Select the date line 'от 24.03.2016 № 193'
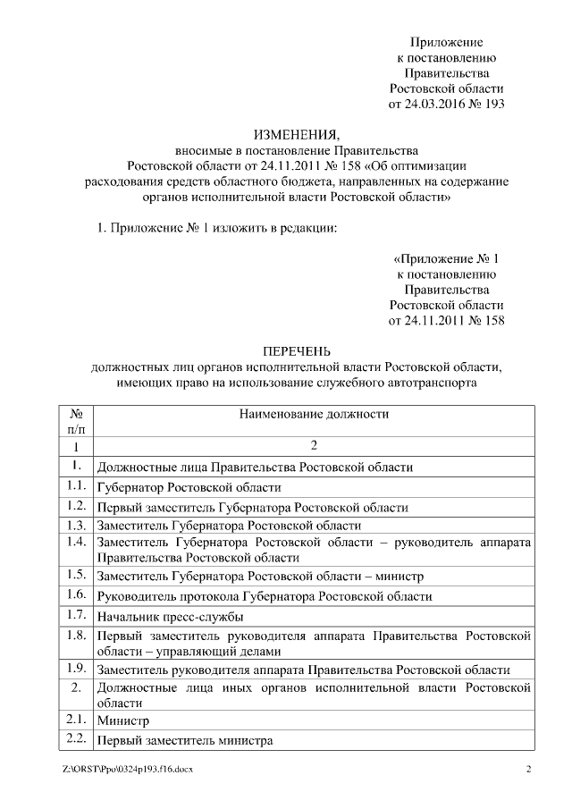tap(446, 104)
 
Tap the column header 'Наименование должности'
tap(314, 414)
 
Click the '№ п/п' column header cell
tap(76, 422)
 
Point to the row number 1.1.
tap(76, 487)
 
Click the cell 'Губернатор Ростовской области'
tap(189, 488)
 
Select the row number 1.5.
tap(76, 574)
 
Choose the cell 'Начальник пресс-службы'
tap(170, 617)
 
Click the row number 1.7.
tap(76, 616)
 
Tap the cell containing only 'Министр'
tap(122, 720)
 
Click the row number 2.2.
tap(76, 739)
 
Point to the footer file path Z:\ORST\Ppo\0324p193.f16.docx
tap(127, 769)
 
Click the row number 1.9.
tap(76, 669)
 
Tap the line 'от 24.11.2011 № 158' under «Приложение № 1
tap(446, 320)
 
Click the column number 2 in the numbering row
tap(314, 445)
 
